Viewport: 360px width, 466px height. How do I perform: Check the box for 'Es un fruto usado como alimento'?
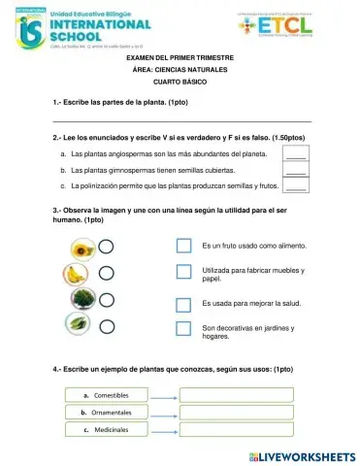pyautogui.click(x=183, y=246)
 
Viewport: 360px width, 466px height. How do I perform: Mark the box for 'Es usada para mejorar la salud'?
pyautogui.click(x=183, y=302)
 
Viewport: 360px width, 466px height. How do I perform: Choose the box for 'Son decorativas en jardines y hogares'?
pyautogui.click(x=183, y=329)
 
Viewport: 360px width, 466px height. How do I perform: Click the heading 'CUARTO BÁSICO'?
pyautogui.click(x=181, y=84)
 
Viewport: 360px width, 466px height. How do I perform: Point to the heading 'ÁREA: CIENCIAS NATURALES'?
pyautogui.click(x=181, y=72)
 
